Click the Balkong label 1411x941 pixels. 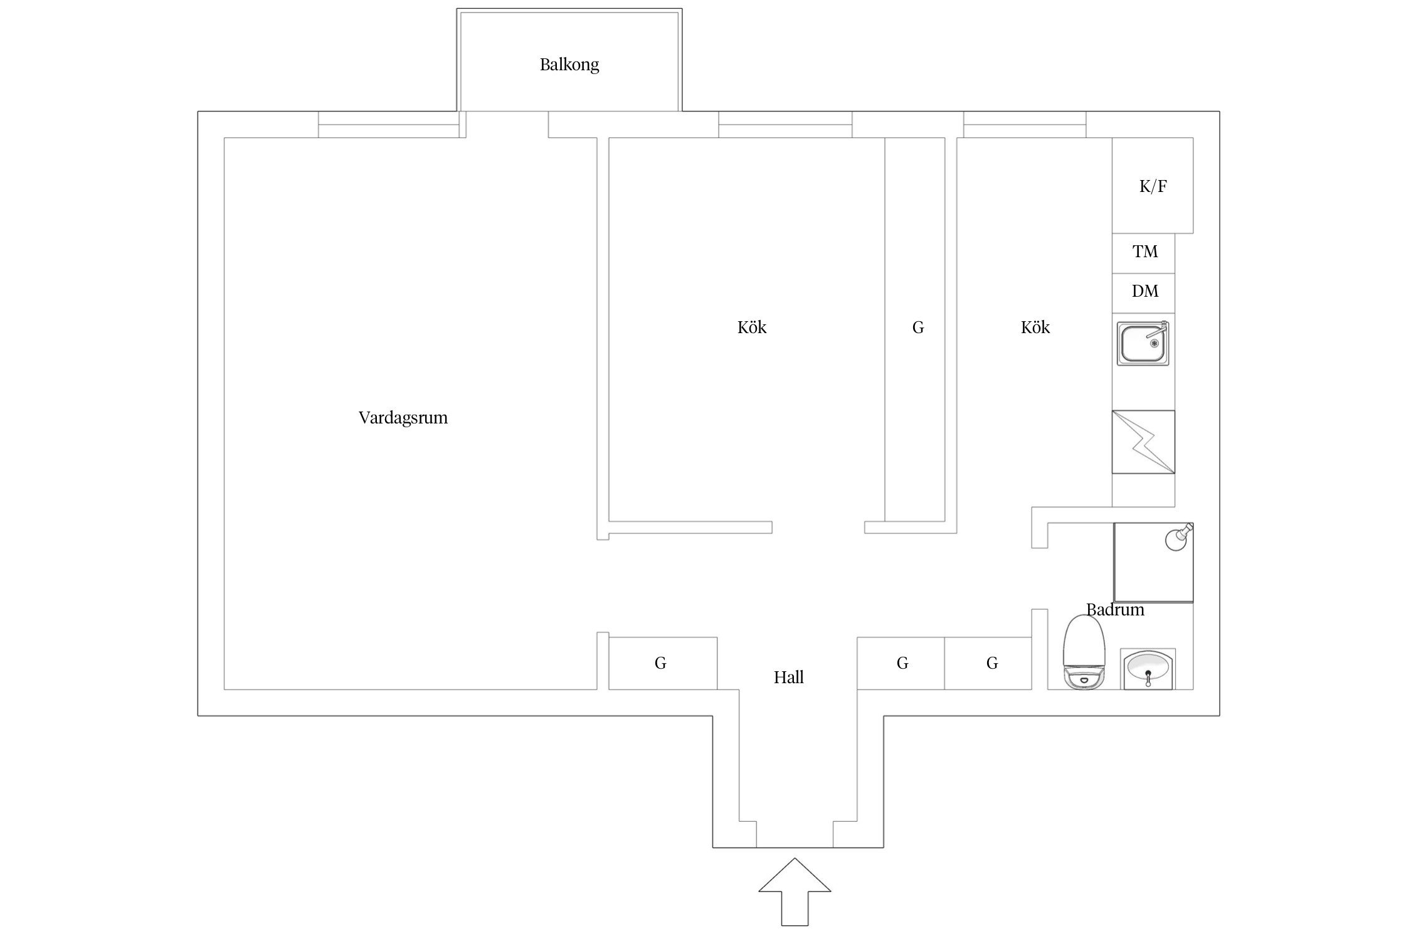[569, 65]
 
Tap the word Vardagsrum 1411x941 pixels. [403, 418]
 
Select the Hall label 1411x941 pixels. [788, 678]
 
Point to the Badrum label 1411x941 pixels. [1115, 610]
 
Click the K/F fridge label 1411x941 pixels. [1153, 186]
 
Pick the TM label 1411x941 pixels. [1144, 252]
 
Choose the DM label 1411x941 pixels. [1144, 291]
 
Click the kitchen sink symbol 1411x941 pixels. [1142, 344]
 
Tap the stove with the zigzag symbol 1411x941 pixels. [1143, 442]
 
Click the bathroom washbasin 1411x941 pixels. [1148, 669]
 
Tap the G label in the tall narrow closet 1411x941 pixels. [917, 327]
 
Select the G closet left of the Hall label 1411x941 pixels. [660, 663]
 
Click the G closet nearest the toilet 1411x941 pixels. [992, 663]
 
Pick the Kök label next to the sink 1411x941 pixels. [1035, 327]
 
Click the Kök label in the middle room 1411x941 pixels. [751, 327]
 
